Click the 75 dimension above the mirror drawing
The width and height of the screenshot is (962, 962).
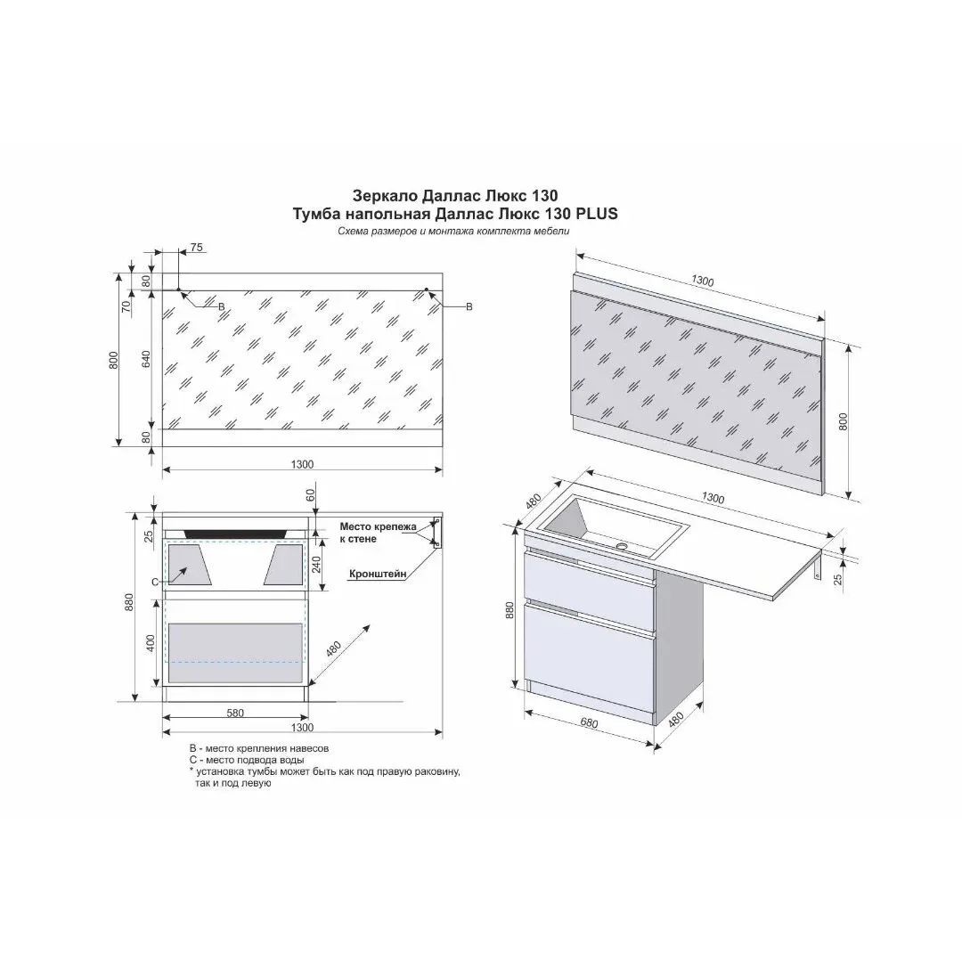click(196, 248)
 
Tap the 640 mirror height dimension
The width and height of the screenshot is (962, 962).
click(146, 359)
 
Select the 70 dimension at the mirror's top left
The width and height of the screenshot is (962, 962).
click(126, 306)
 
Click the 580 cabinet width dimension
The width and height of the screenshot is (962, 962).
click(235, 713)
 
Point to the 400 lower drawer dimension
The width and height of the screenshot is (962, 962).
click(151, 643)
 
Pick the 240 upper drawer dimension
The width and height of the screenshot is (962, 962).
click(316, 564)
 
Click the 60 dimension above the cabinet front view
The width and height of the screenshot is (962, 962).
click(311, 493)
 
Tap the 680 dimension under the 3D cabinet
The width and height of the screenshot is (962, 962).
click(589, 722)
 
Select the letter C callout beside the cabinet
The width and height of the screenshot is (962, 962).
click(155, 582)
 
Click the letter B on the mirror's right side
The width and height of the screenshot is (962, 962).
click(469, 306)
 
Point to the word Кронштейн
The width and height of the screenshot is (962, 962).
click(378, 575)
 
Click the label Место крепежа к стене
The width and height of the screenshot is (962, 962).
click(378, 533)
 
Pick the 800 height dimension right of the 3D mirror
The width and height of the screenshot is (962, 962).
click(843, 421)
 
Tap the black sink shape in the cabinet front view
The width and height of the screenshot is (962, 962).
click(235, 534)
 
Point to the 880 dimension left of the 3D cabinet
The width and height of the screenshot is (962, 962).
click(510, 609)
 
